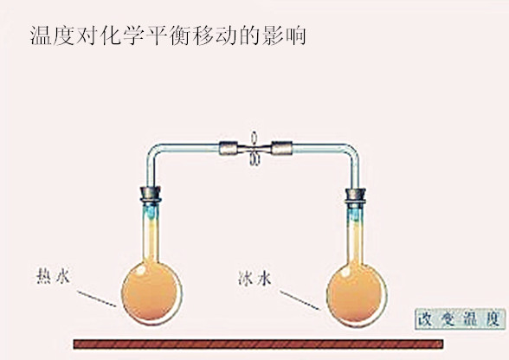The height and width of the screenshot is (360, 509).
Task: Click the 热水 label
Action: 53,276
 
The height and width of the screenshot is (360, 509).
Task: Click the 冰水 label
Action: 254,279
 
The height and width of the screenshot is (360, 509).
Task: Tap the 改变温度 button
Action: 461,319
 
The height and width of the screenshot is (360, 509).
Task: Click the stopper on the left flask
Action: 151,194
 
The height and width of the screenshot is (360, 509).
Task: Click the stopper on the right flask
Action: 355,196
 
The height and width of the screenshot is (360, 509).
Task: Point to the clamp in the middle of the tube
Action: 254,149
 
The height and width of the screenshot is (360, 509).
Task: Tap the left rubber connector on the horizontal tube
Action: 229,148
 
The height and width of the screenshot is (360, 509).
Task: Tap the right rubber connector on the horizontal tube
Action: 282,148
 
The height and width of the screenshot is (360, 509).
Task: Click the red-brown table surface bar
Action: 258,344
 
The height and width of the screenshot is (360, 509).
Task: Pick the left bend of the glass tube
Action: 153,151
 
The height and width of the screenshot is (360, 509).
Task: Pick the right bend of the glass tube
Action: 352,151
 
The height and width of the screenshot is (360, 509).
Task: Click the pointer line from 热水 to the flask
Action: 96,299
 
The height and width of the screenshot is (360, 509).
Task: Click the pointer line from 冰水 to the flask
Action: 300,300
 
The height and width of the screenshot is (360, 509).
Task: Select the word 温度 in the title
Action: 52,35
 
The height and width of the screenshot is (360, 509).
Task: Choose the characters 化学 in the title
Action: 122,35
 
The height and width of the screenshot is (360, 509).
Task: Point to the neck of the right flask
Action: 356,235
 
